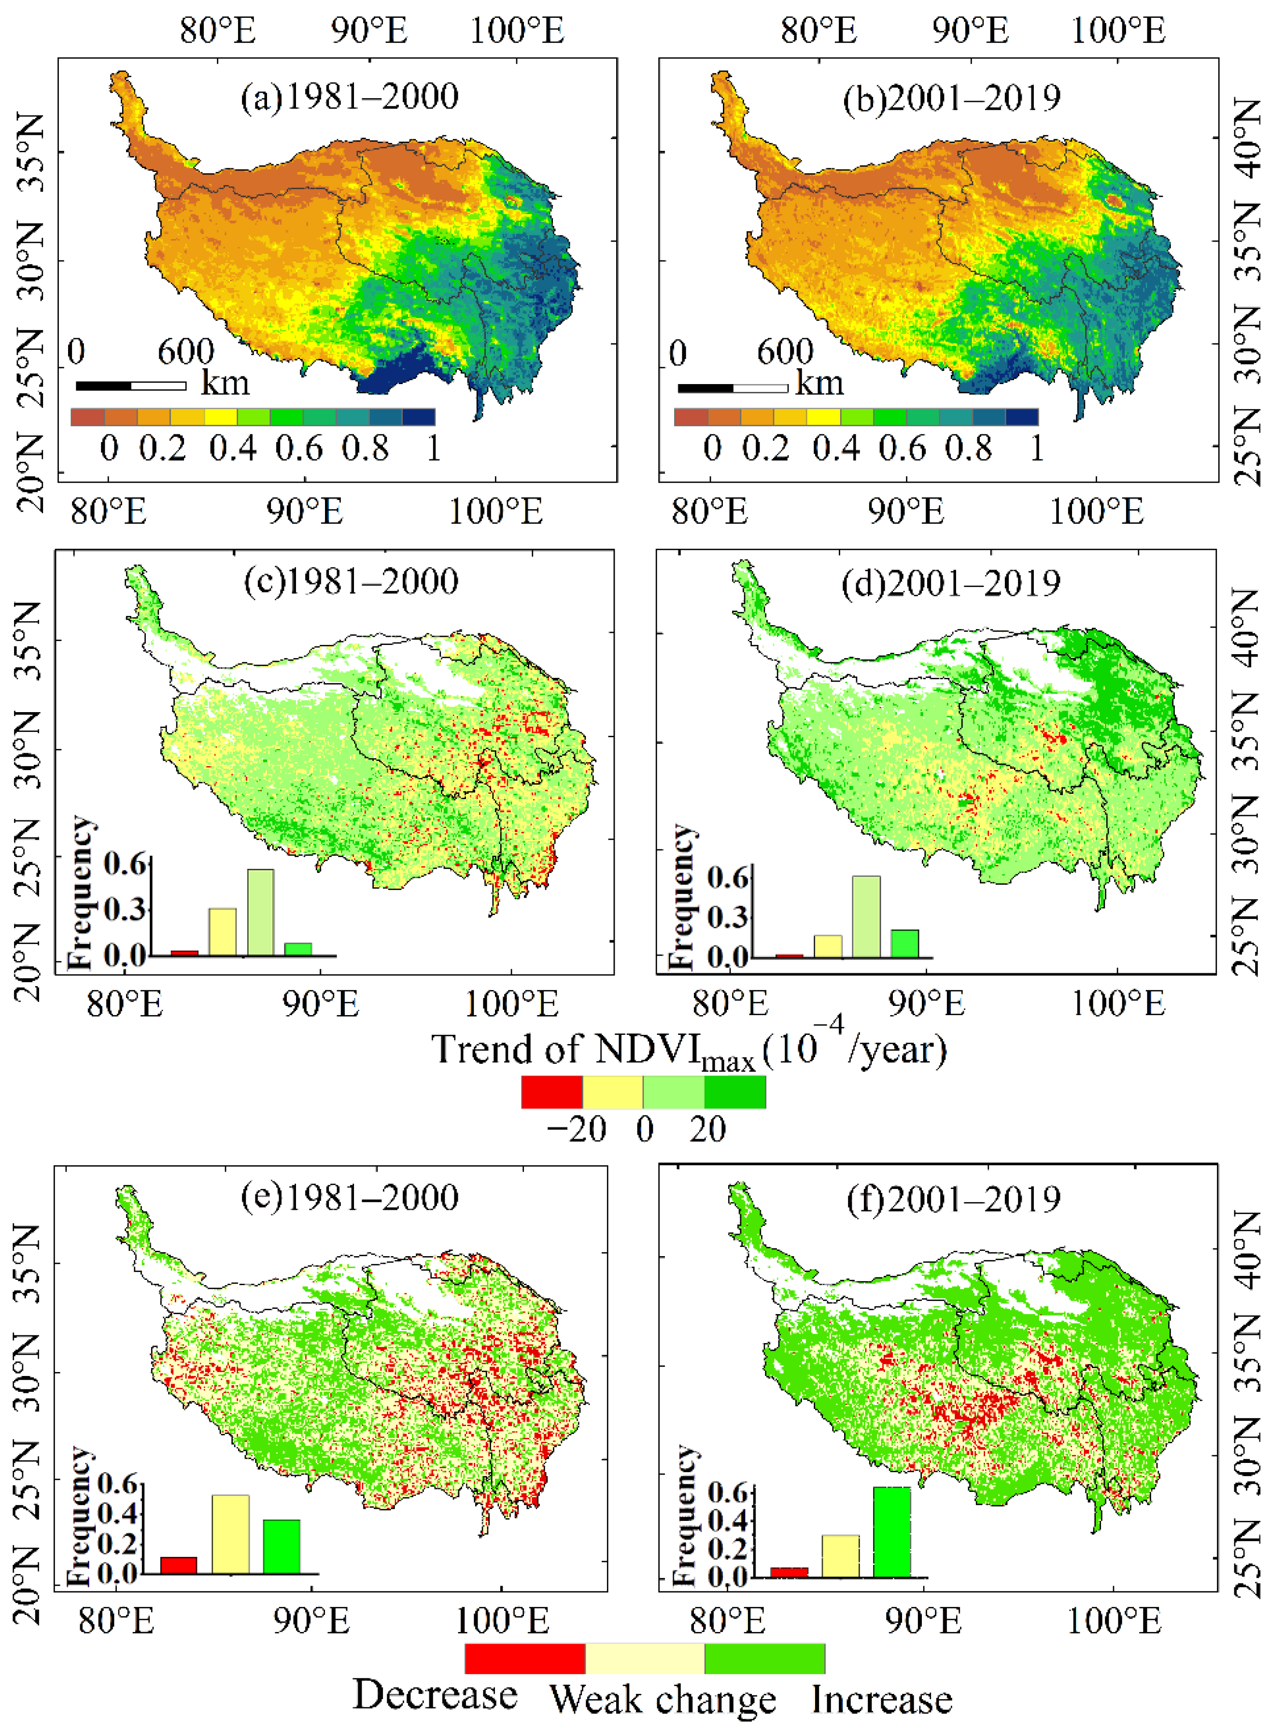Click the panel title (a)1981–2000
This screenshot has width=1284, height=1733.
pos(349,97)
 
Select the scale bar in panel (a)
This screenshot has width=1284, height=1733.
pos(130,386)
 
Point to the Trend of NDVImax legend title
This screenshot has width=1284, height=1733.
pos(689,1049)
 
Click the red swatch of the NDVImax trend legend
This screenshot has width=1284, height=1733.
pos(552,1091)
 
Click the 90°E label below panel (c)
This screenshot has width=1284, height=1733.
pos(320,1004)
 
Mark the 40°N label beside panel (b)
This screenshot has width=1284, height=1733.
pos(1247,138)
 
